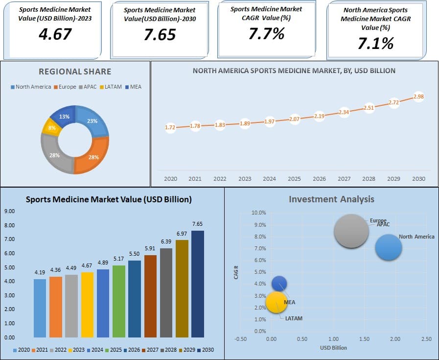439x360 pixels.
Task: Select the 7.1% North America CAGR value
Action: click(x=375, y=44)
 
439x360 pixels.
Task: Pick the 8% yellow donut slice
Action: click(x=51, y=128)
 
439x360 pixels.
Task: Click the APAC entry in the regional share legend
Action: click(x=88, y=87)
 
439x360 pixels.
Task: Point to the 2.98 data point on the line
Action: click(x=418, y=96)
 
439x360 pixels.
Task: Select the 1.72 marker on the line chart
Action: click(x=170, y=127)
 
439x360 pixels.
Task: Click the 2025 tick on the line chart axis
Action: click(x=294, y=179)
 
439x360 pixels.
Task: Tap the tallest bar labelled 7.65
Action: click(x=197, y=284)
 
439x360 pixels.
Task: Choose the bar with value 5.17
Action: click(x=118, y=301)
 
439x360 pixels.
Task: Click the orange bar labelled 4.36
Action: click(x=56, y=307)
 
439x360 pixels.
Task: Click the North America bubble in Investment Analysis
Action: click(x=389, y=247)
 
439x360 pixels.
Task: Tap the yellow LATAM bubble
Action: click(x=277, y=302)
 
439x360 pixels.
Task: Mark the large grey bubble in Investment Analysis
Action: click(x=351, y=231)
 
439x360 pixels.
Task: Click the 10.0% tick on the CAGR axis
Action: click(x=258, y=213)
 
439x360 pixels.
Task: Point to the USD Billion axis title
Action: click(x=333, y=348)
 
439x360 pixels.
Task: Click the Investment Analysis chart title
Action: click(x=331, y=199)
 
